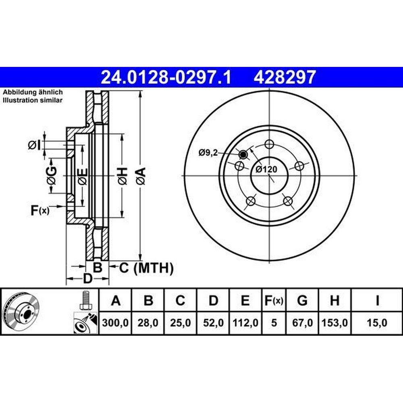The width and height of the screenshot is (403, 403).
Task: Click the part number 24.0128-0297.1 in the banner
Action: (x=166, y=77)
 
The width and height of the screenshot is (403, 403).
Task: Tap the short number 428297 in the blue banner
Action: (x=285, y=77)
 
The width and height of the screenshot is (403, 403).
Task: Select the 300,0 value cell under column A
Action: (x=115, y=323)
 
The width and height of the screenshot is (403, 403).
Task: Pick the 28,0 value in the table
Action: (x=148, y=323)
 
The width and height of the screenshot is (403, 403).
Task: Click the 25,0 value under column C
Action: (x=181, y=323)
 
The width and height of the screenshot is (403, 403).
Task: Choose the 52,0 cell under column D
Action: (x=213, y=323)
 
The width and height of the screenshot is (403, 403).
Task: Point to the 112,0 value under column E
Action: (x=245, y=323)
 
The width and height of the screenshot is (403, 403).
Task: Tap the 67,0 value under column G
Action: (x=302, y=323)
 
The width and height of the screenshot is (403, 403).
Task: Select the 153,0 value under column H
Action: (x=334, y=323)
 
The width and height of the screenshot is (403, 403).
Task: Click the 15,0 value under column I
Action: (x=377, y=323)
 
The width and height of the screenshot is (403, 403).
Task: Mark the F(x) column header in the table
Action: (x=274, y=301)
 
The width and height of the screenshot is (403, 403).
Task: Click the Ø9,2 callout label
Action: (x=208, y=153)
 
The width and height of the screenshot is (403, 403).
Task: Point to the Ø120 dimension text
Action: (x=266, y=169)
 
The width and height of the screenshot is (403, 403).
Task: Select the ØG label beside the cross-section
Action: (x=52, y=176)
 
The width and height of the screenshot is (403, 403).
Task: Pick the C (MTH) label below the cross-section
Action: (x=146, y=268)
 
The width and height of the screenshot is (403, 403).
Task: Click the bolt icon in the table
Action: (x=85, y=301)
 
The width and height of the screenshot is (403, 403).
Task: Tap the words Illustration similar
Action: (x=33, y=100)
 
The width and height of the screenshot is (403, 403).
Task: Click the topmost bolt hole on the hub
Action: (x=269, y=144)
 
